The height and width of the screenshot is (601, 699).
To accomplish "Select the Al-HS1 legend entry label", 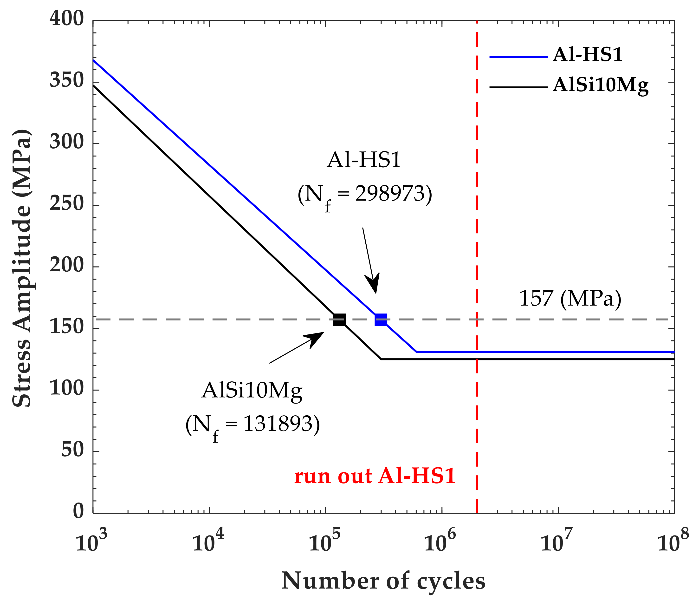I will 587,54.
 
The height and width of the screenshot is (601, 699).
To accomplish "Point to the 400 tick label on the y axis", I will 66,19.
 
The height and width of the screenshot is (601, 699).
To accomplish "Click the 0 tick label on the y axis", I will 78,511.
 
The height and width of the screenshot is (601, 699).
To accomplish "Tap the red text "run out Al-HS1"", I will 375,477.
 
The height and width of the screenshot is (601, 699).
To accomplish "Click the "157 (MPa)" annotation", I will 570,299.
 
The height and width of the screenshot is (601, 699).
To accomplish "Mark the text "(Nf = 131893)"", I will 252,426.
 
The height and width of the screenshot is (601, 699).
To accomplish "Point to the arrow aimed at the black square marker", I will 297,348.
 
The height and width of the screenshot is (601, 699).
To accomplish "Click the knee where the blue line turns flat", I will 417,352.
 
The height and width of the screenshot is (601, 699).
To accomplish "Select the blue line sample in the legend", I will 518,57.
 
